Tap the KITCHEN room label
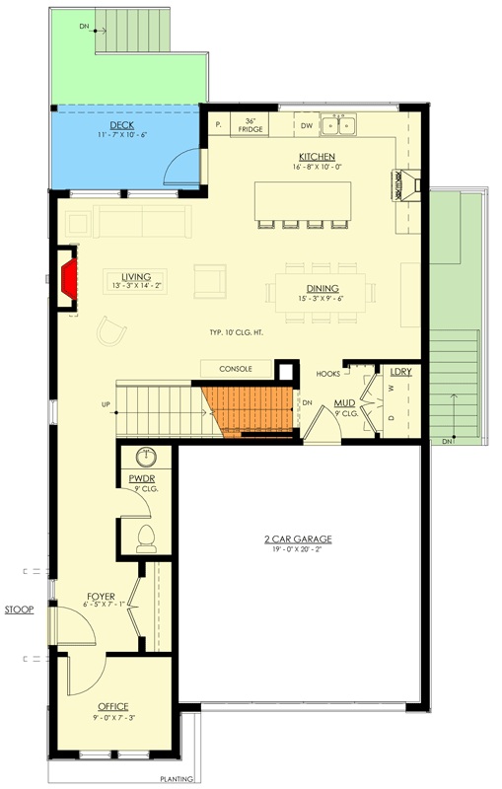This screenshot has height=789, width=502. click(317, 157)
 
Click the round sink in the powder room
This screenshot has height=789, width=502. click(146, 457)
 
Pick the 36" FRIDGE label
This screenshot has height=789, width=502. click(250, 126)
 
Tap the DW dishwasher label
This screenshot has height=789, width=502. click(306, 125)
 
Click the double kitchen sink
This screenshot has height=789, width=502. click(342, 124)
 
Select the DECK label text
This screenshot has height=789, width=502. click(122, 125)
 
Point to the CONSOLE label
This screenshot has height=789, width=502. click(237, 369)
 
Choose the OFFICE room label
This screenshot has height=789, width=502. click(112, 707)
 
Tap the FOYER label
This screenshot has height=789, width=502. click(103, 596)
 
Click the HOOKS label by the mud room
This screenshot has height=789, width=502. click(328, 374)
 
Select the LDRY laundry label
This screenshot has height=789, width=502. click(399, 372)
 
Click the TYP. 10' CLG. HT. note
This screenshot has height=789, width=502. click(240, 332)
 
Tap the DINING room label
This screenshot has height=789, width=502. click(323, 288)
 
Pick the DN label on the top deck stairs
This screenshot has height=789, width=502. click(85, 27)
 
